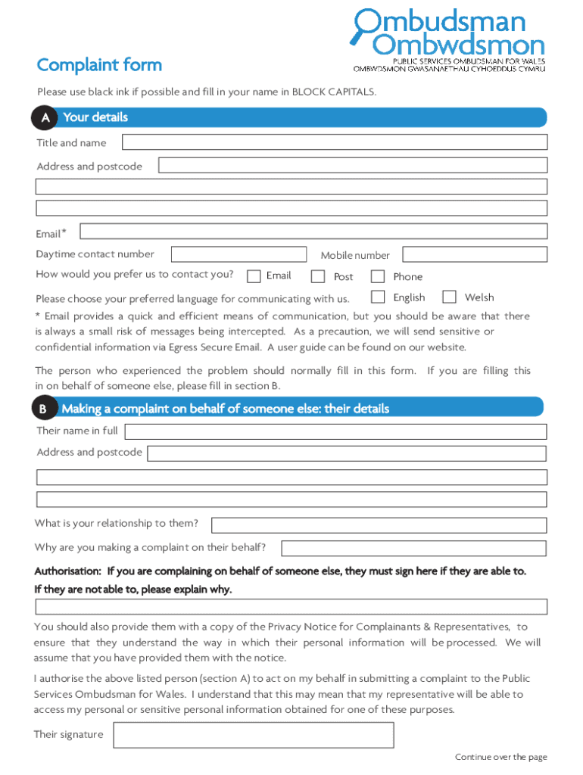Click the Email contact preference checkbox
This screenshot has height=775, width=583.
pos(254,276)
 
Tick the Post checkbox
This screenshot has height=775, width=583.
pos(318,277)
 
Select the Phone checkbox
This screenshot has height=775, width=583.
pos(378,277)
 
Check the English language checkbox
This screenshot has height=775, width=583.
pos(378,297)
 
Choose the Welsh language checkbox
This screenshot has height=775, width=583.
pos(449,297)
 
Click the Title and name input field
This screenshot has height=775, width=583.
pos(334,142)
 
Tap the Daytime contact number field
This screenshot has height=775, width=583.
pos(238,254)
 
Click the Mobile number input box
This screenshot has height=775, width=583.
pos(475,254)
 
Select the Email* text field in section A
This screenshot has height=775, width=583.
pos(313,232)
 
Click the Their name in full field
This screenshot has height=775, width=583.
pos(335,431)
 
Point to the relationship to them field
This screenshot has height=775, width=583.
pos(379,524)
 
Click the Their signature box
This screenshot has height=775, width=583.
pos(254,735)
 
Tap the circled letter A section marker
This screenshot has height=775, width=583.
pos(46,118)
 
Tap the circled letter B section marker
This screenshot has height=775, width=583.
pos(44,409)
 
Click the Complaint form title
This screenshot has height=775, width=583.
pos(99,65)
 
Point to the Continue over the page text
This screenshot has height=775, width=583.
pos(500,757)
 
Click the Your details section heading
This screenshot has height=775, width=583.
pos(95,117)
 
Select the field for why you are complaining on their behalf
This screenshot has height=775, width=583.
pos(413,548)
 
